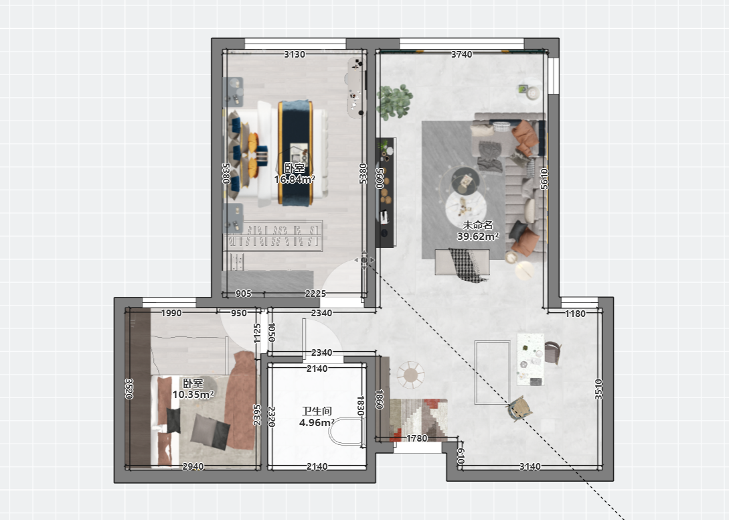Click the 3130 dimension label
pos(295,54)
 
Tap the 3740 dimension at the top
pos(462,54)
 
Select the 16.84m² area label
pos(295,179)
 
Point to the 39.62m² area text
pos(478,237)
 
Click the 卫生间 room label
pos(317,411)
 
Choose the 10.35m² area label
pos(193,395)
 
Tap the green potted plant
pos(394,101)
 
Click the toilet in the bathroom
pos(347,432)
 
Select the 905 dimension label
pos(244,294)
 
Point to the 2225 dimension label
pos(315,294)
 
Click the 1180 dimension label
pos(575,314)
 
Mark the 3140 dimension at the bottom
pos(530,466)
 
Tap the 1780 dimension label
pos(416,438)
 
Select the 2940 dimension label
pos(193,466)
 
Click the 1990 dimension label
pos(171,314)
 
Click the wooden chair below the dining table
pos(519,408)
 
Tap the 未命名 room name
pos(478,225)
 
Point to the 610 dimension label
pos(461,456)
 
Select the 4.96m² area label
pos(317,423)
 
